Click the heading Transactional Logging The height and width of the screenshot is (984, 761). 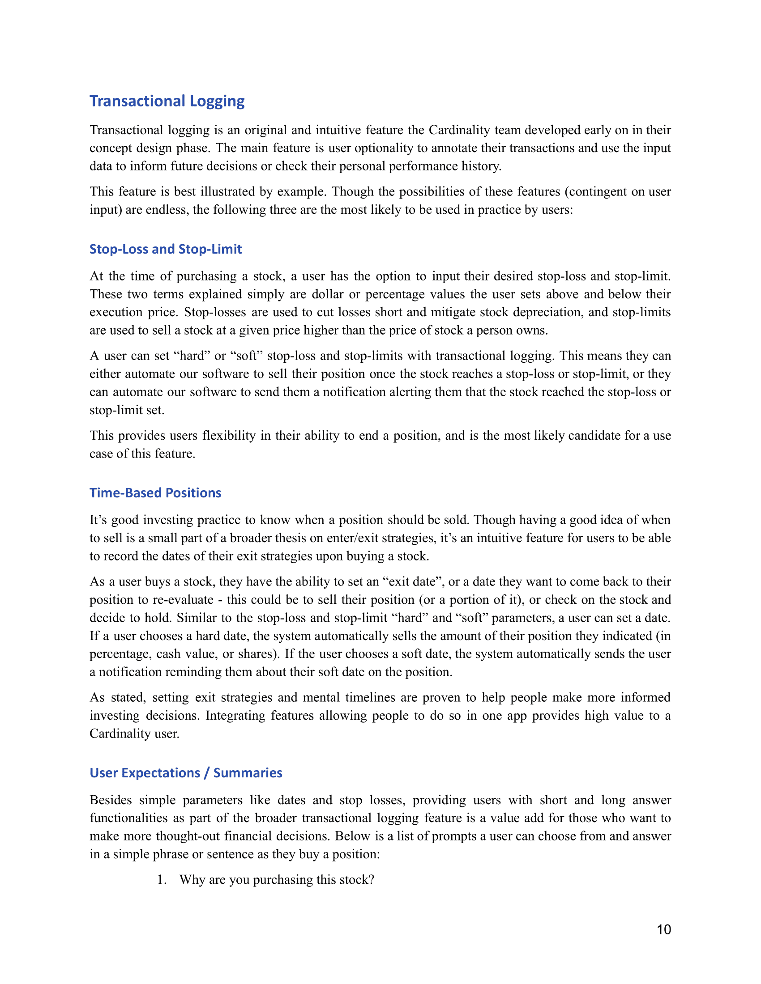pos(167,101)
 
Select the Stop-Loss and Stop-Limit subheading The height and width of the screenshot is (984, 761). pos(166,249)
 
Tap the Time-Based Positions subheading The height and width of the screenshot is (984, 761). pos(155,493)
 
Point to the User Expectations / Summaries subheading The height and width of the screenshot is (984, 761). pos(186,773)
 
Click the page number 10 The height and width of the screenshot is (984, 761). pos(663,929)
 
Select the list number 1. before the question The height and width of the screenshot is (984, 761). pos(162,879)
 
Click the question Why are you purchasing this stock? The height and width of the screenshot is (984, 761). pos(277,879)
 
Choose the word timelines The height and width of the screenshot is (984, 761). pos(370,697)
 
